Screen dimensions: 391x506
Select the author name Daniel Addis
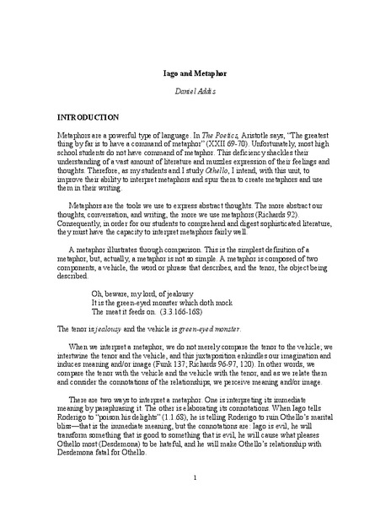(195, 89)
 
